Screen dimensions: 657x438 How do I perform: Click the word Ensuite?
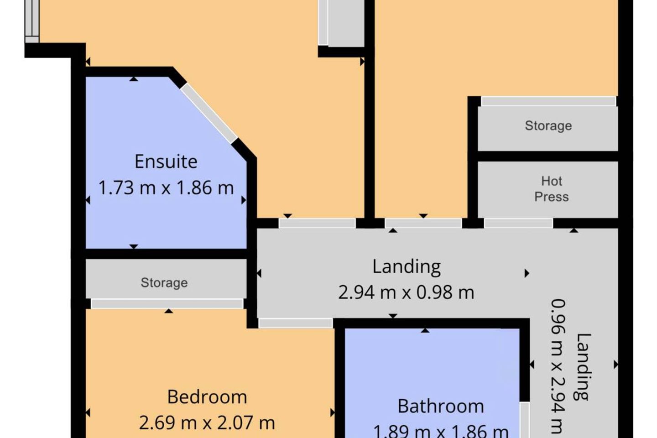[166, 162]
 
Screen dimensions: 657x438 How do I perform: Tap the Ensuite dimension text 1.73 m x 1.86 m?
[166, 188]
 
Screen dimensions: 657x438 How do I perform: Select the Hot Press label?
[552, 189]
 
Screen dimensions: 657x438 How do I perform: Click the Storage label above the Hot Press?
[548, 126]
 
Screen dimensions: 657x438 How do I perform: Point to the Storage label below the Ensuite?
[164, 283]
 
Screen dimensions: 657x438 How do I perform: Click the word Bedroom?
[207, 397]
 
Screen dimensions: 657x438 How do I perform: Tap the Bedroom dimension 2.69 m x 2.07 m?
[207, 423]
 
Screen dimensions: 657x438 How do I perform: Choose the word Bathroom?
[441, 407]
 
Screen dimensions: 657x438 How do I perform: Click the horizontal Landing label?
[407, 267]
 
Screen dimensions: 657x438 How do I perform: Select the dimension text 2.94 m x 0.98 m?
[406, 292]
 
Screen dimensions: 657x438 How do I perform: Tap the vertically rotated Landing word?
[583, 367]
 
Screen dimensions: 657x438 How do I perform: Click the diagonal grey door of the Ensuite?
[209, 113]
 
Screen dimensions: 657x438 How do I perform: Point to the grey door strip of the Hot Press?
[518, 223]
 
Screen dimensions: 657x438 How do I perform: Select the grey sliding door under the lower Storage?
[167, 304]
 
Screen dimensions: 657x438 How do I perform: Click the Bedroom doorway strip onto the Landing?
[295, 323]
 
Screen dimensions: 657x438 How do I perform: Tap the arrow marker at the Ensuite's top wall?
[134, 78]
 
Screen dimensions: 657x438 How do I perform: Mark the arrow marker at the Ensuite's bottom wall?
[134, 246]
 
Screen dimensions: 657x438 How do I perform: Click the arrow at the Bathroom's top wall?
[425, 331]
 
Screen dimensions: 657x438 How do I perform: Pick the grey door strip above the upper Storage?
[548, 101]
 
